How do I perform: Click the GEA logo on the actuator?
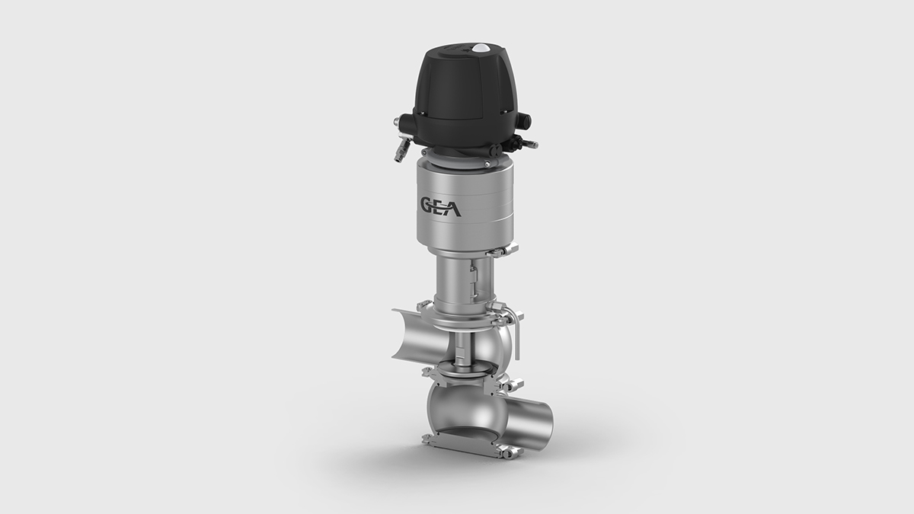coord(441,207)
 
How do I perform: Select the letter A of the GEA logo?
coord(453,208)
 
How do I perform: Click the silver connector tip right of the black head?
coord(532,144)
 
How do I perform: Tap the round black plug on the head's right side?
coord(526,120)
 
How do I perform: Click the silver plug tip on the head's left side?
coord(396,121)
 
